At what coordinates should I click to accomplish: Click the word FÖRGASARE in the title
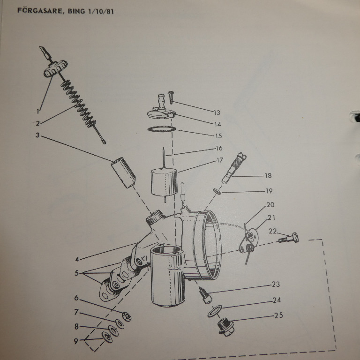pos(40,10)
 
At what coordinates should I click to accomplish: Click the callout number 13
pos(217,112)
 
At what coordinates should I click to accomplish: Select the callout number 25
pos(278,315)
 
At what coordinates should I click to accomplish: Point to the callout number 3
pos(37,135)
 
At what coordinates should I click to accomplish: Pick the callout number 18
pos(268,176)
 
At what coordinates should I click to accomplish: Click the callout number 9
pos(76,341)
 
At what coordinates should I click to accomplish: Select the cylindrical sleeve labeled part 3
pos(124,172)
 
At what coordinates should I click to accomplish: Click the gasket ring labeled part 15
pos(162,129)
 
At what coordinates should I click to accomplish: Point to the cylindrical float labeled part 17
pos(164,182)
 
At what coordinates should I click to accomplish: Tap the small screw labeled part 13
pos(171,97)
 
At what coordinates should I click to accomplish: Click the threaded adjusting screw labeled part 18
pos(234,168)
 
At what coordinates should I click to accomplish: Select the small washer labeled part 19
pos(217,191)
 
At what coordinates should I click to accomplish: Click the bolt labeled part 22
pos(289,238)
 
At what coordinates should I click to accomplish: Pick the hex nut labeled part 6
pos(127,316)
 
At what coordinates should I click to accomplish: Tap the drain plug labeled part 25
pos(225,327)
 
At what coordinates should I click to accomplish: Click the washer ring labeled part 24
pos(215,311)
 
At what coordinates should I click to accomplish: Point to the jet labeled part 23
pos(205,295)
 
